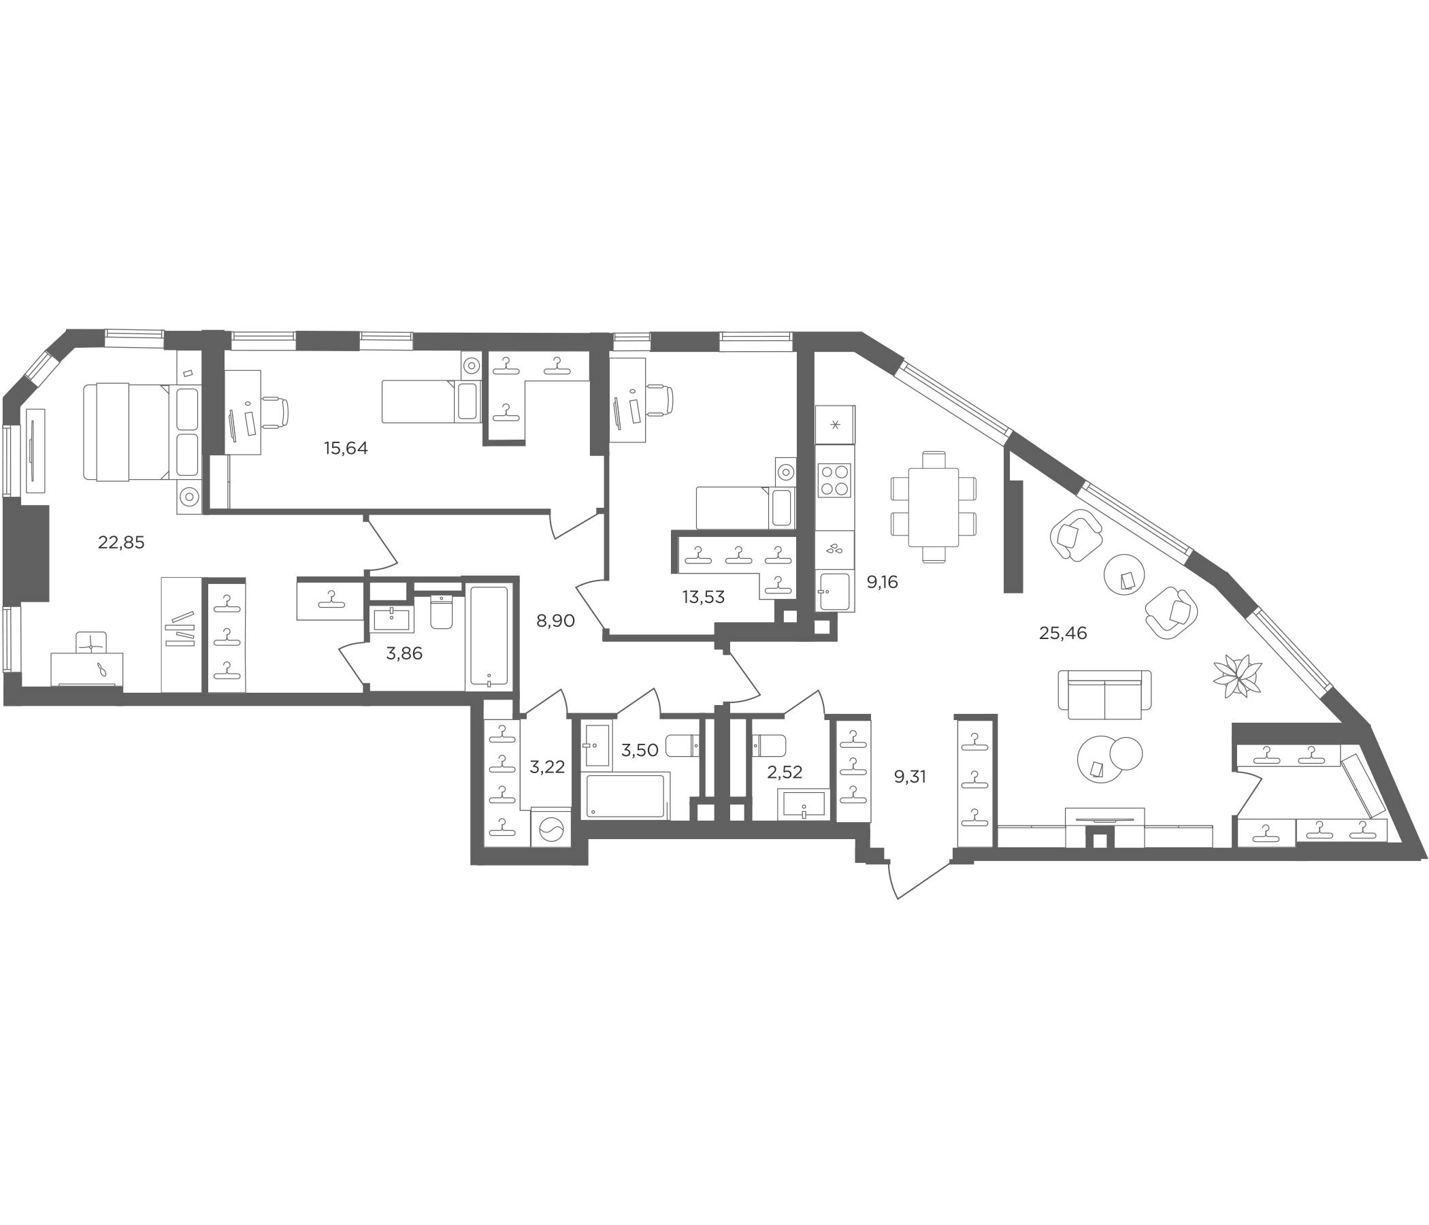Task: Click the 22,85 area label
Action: pyautogui.click(x=121, y=543)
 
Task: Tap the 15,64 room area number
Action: pyautogui.click(x=346, y=448)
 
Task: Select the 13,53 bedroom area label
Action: pyautogui.click(x=704, y=598)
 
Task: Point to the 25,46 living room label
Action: pyautogui.click(x=1063, y=633)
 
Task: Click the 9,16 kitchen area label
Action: pyautogui.click(x=882, y=582)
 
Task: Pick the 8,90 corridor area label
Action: pyautogui.click(x=555, y=621)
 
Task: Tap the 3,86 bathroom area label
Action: pyautogui.click(x=404, y=653)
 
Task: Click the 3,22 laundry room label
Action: pyautogui.click(x=547, y=766)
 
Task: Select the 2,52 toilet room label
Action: pyautogui.click(x=785, y=772)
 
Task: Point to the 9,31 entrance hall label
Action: pyautogui.click(x=910, y=777)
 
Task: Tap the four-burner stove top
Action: pyautogui.click(x=834, y=480)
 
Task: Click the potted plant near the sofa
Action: pyautogui.click(x=1238, y=675)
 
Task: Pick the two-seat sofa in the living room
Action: pyautogui.click(x=1105, y=695)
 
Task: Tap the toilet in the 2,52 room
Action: pyautogui.click(x=769, y=746)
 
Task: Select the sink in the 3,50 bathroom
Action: pyautogui.click(x=596, y=746)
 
